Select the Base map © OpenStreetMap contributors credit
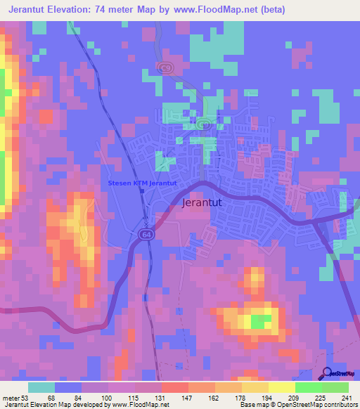[299, 404]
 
